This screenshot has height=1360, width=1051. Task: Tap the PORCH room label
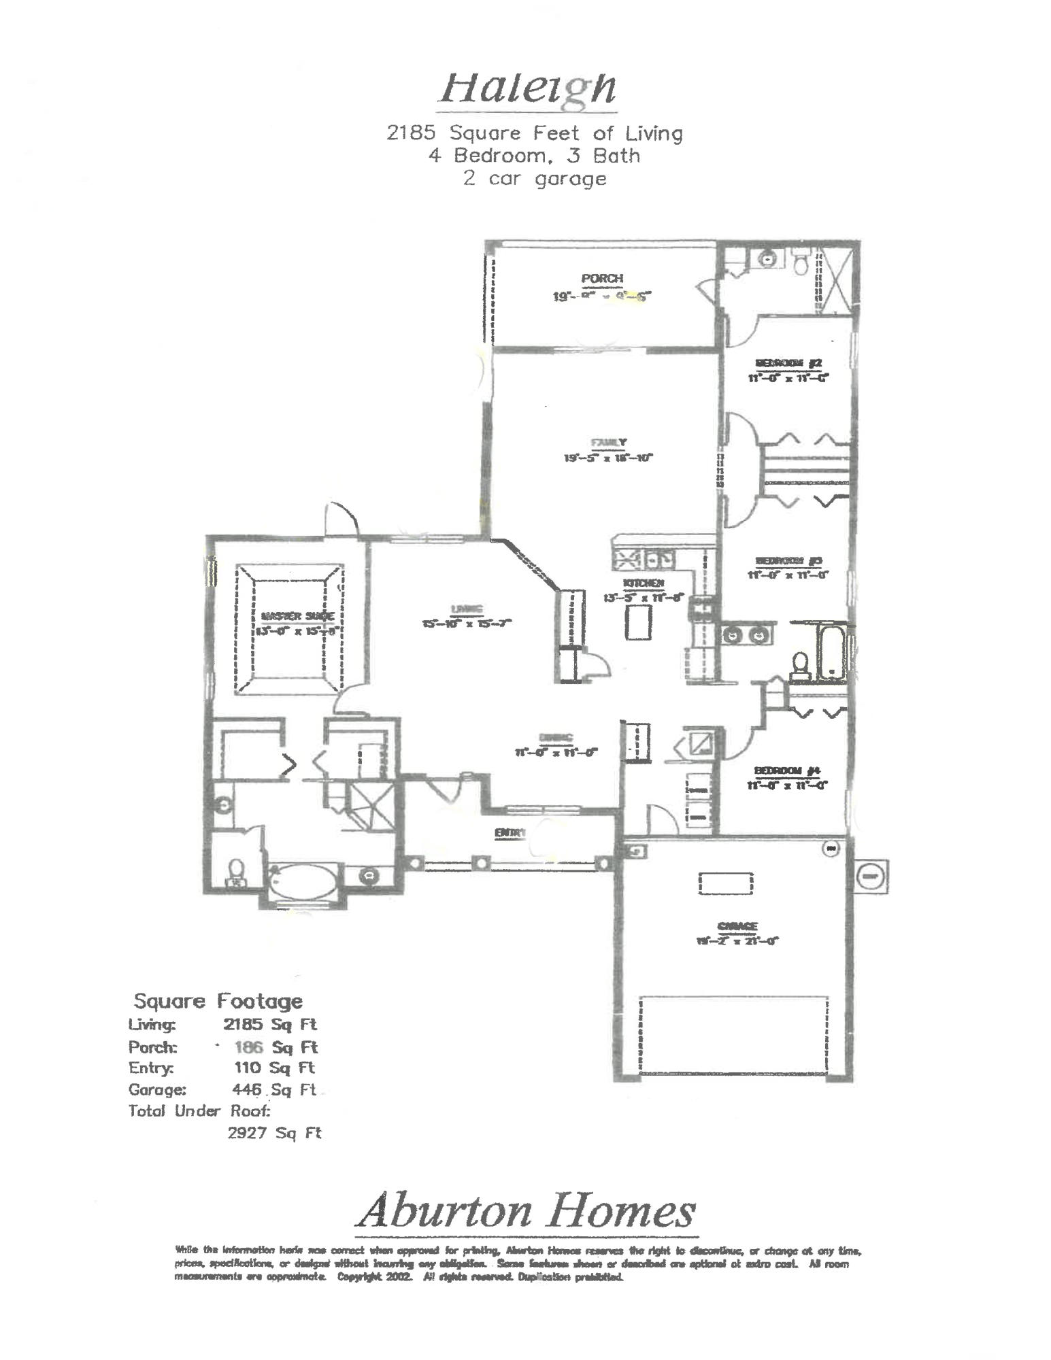pos(602,278)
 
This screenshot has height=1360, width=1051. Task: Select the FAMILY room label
pos(609,443)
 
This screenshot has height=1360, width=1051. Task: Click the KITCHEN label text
pos(643,583)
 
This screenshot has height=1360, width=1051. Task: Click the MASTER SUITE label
pos(297,617)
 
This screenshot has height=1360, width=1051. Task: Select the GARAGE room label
pos(737,926)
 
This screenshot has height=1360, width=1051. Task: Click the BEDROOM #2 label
pos(789,363)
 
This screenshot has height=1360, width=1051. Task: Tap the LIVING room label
pos(467,609)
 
